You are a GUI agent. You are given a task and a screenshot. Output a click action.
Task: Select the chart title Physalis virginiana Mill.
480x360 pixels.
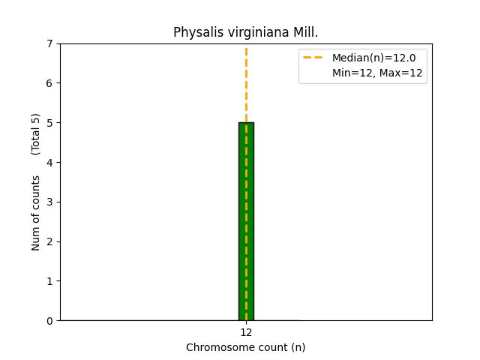(245, 33)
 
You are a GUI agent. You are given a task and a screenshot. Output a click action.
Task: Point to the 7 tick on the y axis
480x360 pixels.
(49, 43)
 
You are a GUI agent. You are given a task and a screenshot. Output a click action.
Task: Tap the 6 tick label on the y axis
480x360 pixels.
(49, 83)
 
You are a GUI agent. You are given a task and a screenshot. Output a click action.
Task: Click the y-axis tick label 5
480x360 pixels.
(49, 123)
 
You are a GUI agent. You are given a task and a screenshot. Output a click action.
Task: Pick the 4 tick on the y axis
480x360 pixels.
(49, 163)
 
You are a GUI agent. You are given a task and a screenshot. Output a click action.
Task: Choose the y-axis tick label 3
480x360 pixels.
(49, 202)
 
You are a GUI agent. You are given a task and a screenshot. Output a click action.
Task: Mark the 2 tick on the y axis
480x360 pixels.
(49, 241)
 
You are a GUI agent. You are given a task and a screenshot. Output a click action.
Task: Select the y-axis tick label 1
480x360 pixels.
(49, 281)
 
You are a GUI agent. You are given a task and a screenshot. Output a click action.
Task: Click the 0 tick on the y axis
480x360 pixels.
(49, 321)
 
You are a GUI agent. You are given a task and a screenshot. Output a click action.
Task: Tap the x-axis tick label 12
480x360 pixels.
(246, 332)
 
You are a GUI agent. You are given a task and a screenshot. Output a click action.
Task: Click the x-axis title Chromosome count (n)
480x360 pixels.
(245, 347)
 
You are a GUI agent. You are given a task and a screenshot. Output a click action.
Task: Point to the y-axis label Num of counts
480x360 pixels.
(36, 213)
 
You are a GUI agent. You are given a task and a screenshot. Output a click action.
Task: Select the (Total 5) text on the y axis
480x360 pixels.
(36, 133)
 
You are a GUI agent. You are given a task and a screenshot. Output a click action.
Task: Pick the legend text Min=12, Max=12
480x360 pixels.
(377, 73)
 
